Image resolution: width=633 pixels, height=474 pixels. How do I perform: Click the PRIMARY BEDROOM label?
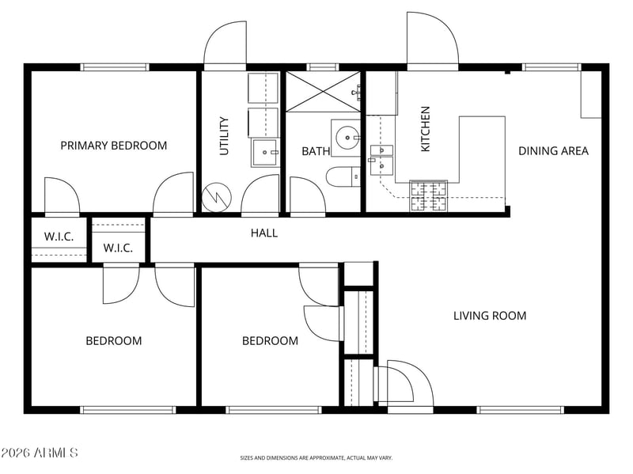pos(113,146)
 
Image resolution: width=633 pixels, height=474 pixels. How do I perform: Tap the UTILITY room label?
pos(224,136)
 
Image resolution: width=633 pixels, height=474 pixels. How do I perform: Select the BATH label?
pos(316,151)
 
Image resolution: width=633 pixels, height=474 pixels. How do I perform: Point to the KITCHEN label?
pos(426,129)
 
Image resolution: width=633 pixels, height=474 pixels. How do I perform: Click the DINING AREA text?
pos(553,151)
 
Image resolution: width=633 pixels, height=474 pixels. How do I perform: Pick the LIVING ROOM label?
pos(490,315)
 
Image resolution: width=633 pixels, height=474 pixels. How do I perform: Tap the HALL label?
pos(264,233)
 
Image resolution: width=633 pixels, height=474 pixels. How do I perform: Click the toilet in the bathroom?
pos(343,176)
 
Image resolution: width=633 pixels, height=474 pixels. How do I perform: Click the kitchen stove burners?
pos(428,195)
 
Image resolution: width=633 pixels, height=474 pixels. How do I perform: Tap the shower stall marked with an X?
pos(323,92)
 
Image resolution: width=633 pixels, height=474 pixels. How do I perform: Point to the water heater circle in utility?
pos(216,197)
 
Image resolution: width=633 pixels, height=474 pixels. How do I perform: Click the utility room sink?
pos(265,152)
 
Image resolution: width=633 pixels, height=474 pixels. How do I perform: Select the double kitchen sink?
pos(381,160)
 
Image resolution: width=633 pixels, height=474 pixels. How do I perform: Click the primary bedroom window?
pos(115,67)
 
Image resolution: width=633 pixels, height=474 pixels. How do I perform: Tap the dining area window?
pos(552,67)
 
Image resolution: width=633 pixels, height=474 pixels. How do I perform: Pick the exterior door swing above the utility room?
pos(226,44)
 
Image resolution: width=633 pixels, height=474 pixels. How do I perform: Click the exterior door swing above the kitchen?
pos(433,38)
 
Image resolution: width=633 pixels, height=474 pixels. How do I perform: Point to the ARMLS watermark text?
pos(39,453)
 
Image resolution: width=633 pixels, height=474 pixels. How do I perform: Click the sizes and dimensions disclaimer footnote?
pos(316,458)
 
